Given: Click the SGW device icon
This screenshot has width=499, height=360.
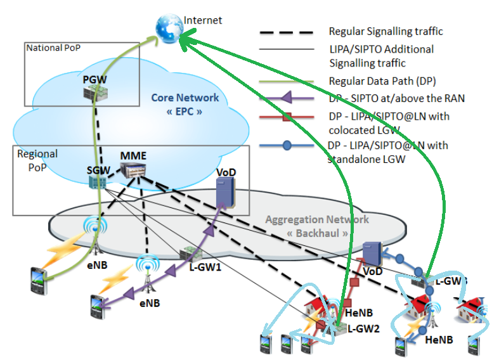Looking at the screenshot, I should (x=97, y=181).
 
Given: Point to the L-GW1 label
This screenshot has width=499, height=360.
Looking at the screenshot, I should (x=205, y=268).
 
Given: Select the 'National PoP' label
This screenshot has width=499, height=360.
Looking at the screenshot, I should (x=54, y=48).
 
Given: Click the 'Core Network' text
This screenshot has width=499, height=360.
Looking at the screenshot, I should (x=185, y=98).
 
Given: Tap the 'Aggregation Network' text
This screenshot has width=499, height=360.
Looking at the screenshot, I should (x=316, y=219).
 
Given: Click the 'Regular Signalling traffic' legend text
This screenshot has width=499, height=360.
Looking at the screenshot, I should (x=386, y=31).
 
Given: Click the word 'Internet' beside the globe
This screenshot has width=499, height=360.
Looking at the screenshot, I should (x=203, y=20).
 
